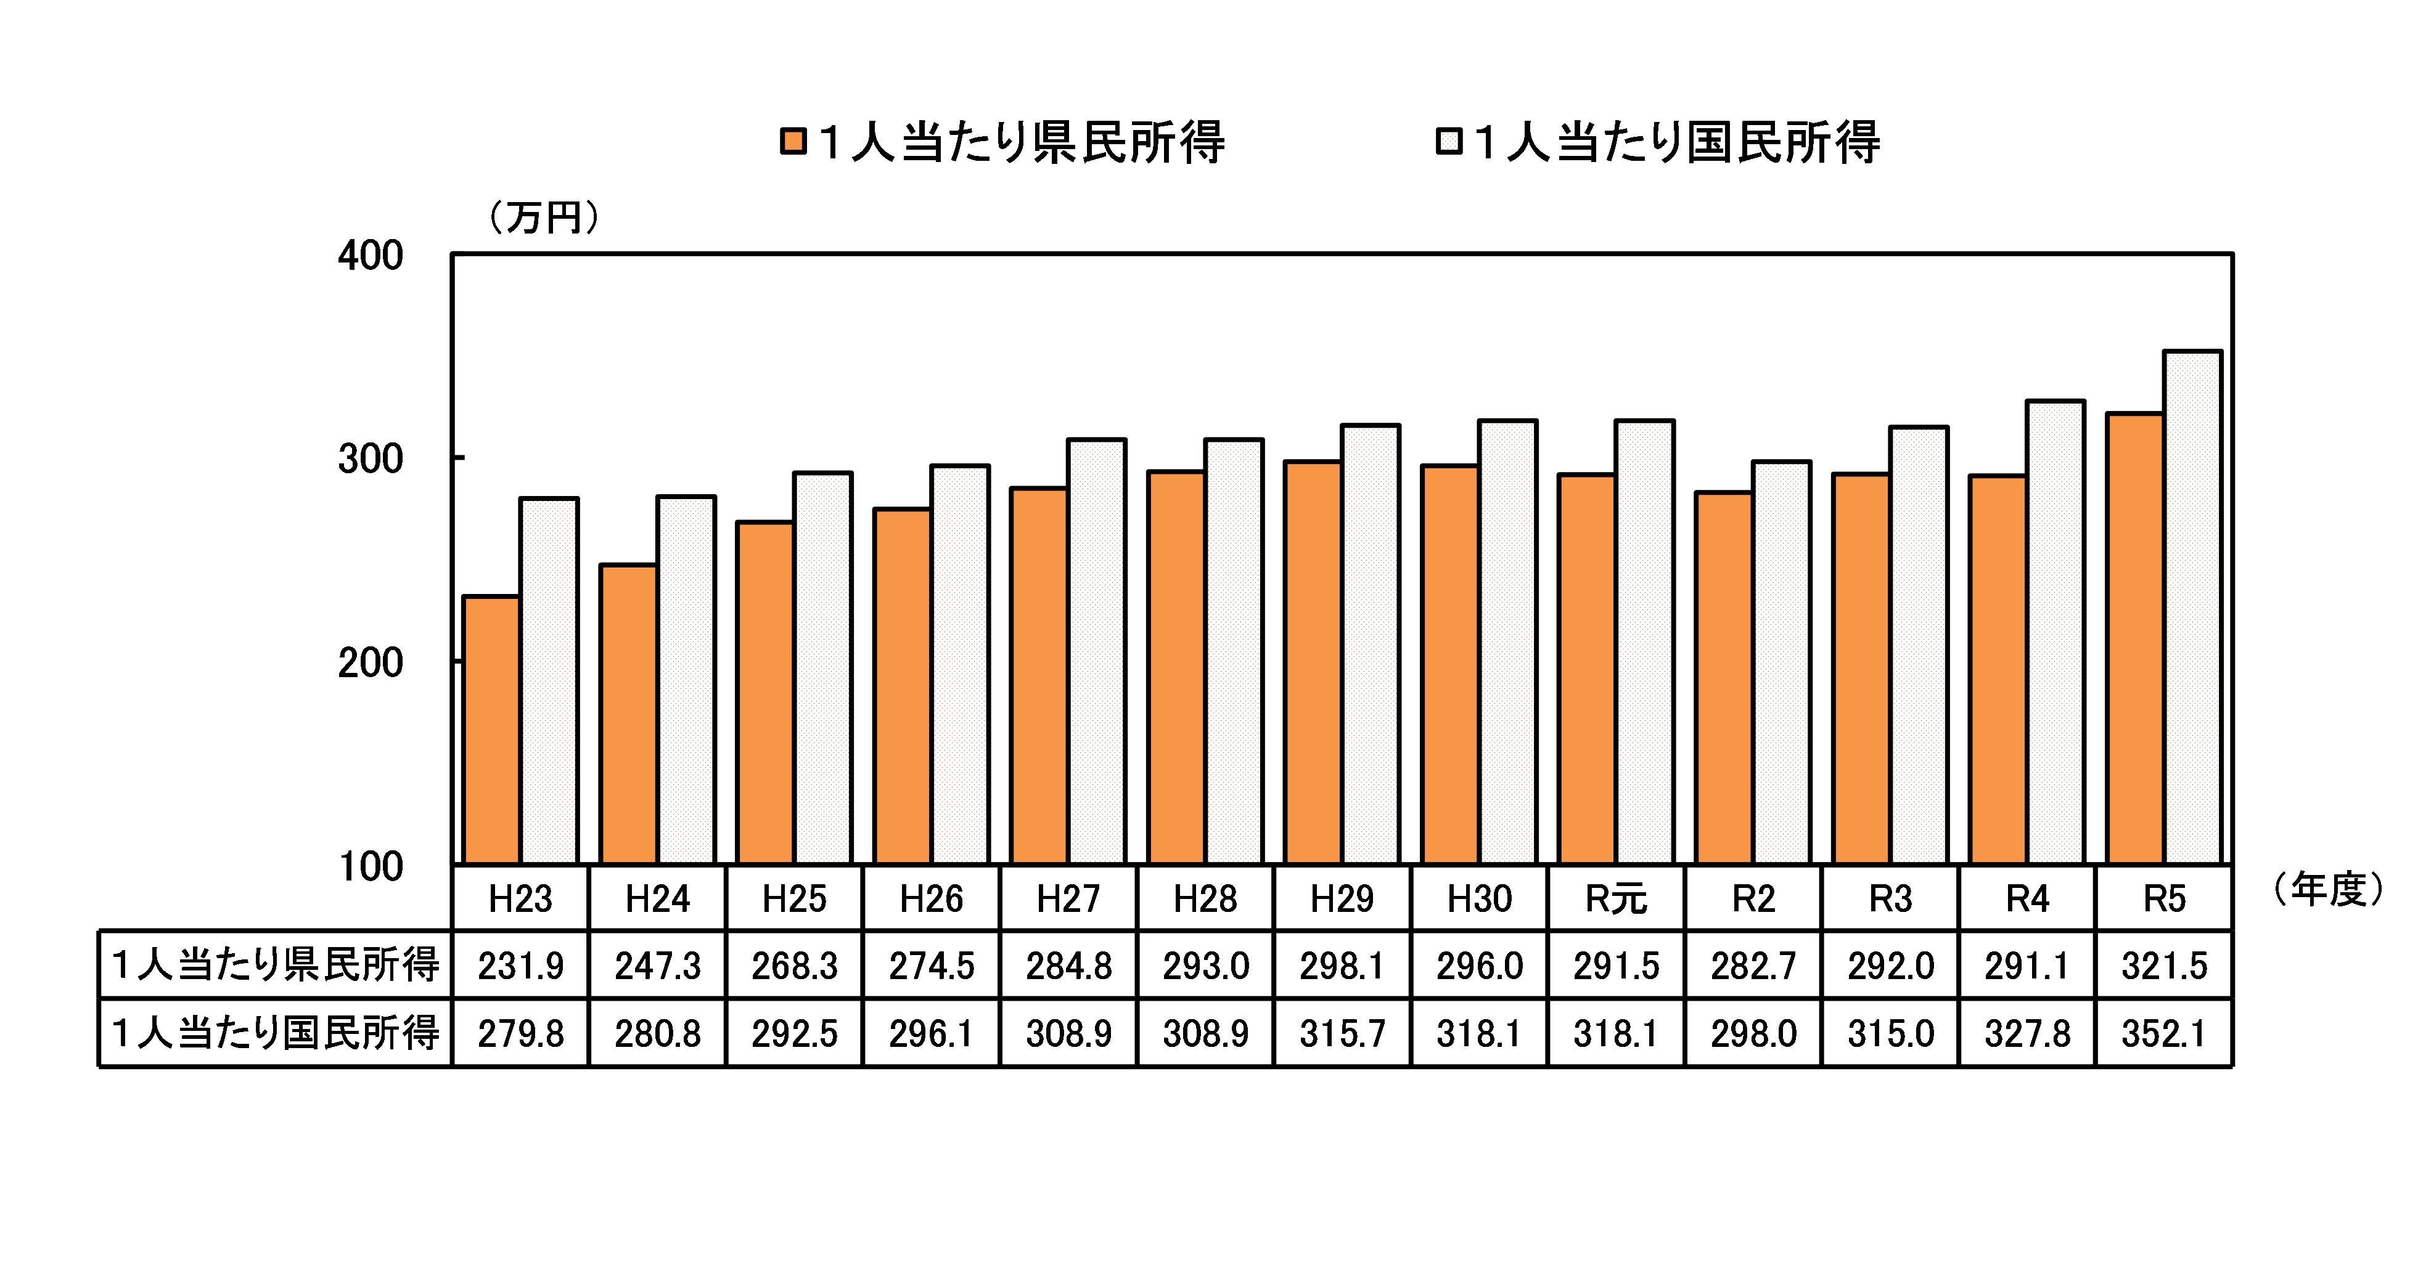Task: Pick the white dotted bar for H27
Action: click(x=1096, y=651)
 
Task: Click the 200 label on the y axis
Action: click(x=371, y=662)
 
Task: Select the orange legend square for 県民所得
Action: click(x=793, y=142)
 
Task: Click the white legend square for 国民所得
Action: click(x=1448, y=142)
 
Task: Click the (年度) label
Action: click(x=2328, y=889)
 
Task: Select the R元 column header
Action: click(x=1617, y=899)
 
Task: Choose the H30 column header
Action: click(x=1479, y=899)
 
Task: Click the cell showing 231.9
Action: click(x=521, y=966)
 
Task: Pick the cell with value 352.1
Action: click(x=2163, y=1033)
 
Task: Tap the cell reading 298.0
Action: click(x=1753, y=1033)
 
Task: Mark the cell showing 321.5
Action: click(x=2163, y=966)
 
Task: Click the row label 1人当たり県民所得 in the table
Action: click(x=275, y=965)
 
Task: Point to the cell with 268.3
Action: click(x=794, y=966)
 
